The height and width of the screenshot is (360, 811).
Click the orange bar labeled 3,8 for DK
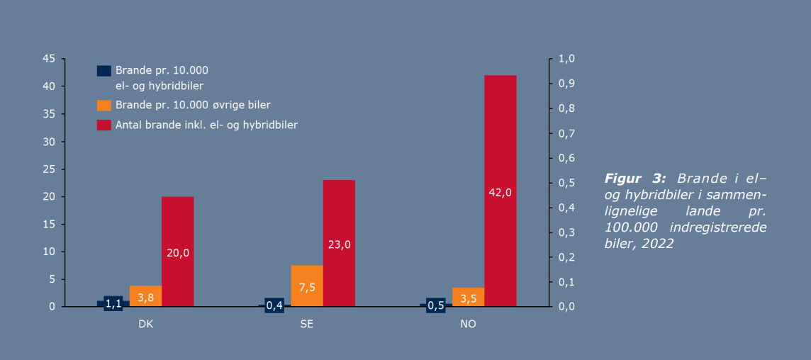tap(145, 297)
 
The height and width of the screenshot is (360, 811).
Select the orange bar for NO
tap(468, 297)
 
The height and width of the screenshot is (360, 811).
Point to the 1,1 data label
tap(113, 304)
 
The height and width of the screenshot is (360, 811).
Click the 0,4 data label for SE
tap(274, 305)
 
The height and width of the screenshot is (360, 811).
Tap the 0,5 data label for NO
tap(436, 305)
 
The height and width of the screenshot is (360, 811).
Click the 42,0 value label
tap(500, 192)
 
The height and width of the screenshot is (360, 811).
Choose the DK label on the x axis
tap(145, 324)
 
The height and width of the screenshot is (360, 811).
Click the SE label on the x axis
tap(306, 324)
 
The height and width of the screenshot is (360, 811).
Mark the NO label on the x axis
tap(468, 324)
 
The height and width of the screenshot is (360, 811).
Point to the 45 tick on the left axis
tap(49, 59)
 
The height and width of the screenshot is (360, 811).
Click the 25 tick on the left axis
tap(49, 169)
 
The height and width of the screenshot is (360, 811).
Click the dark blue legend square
tap(104, 71)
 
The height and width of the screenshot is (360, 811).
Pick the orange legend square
tap(104, 105)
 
